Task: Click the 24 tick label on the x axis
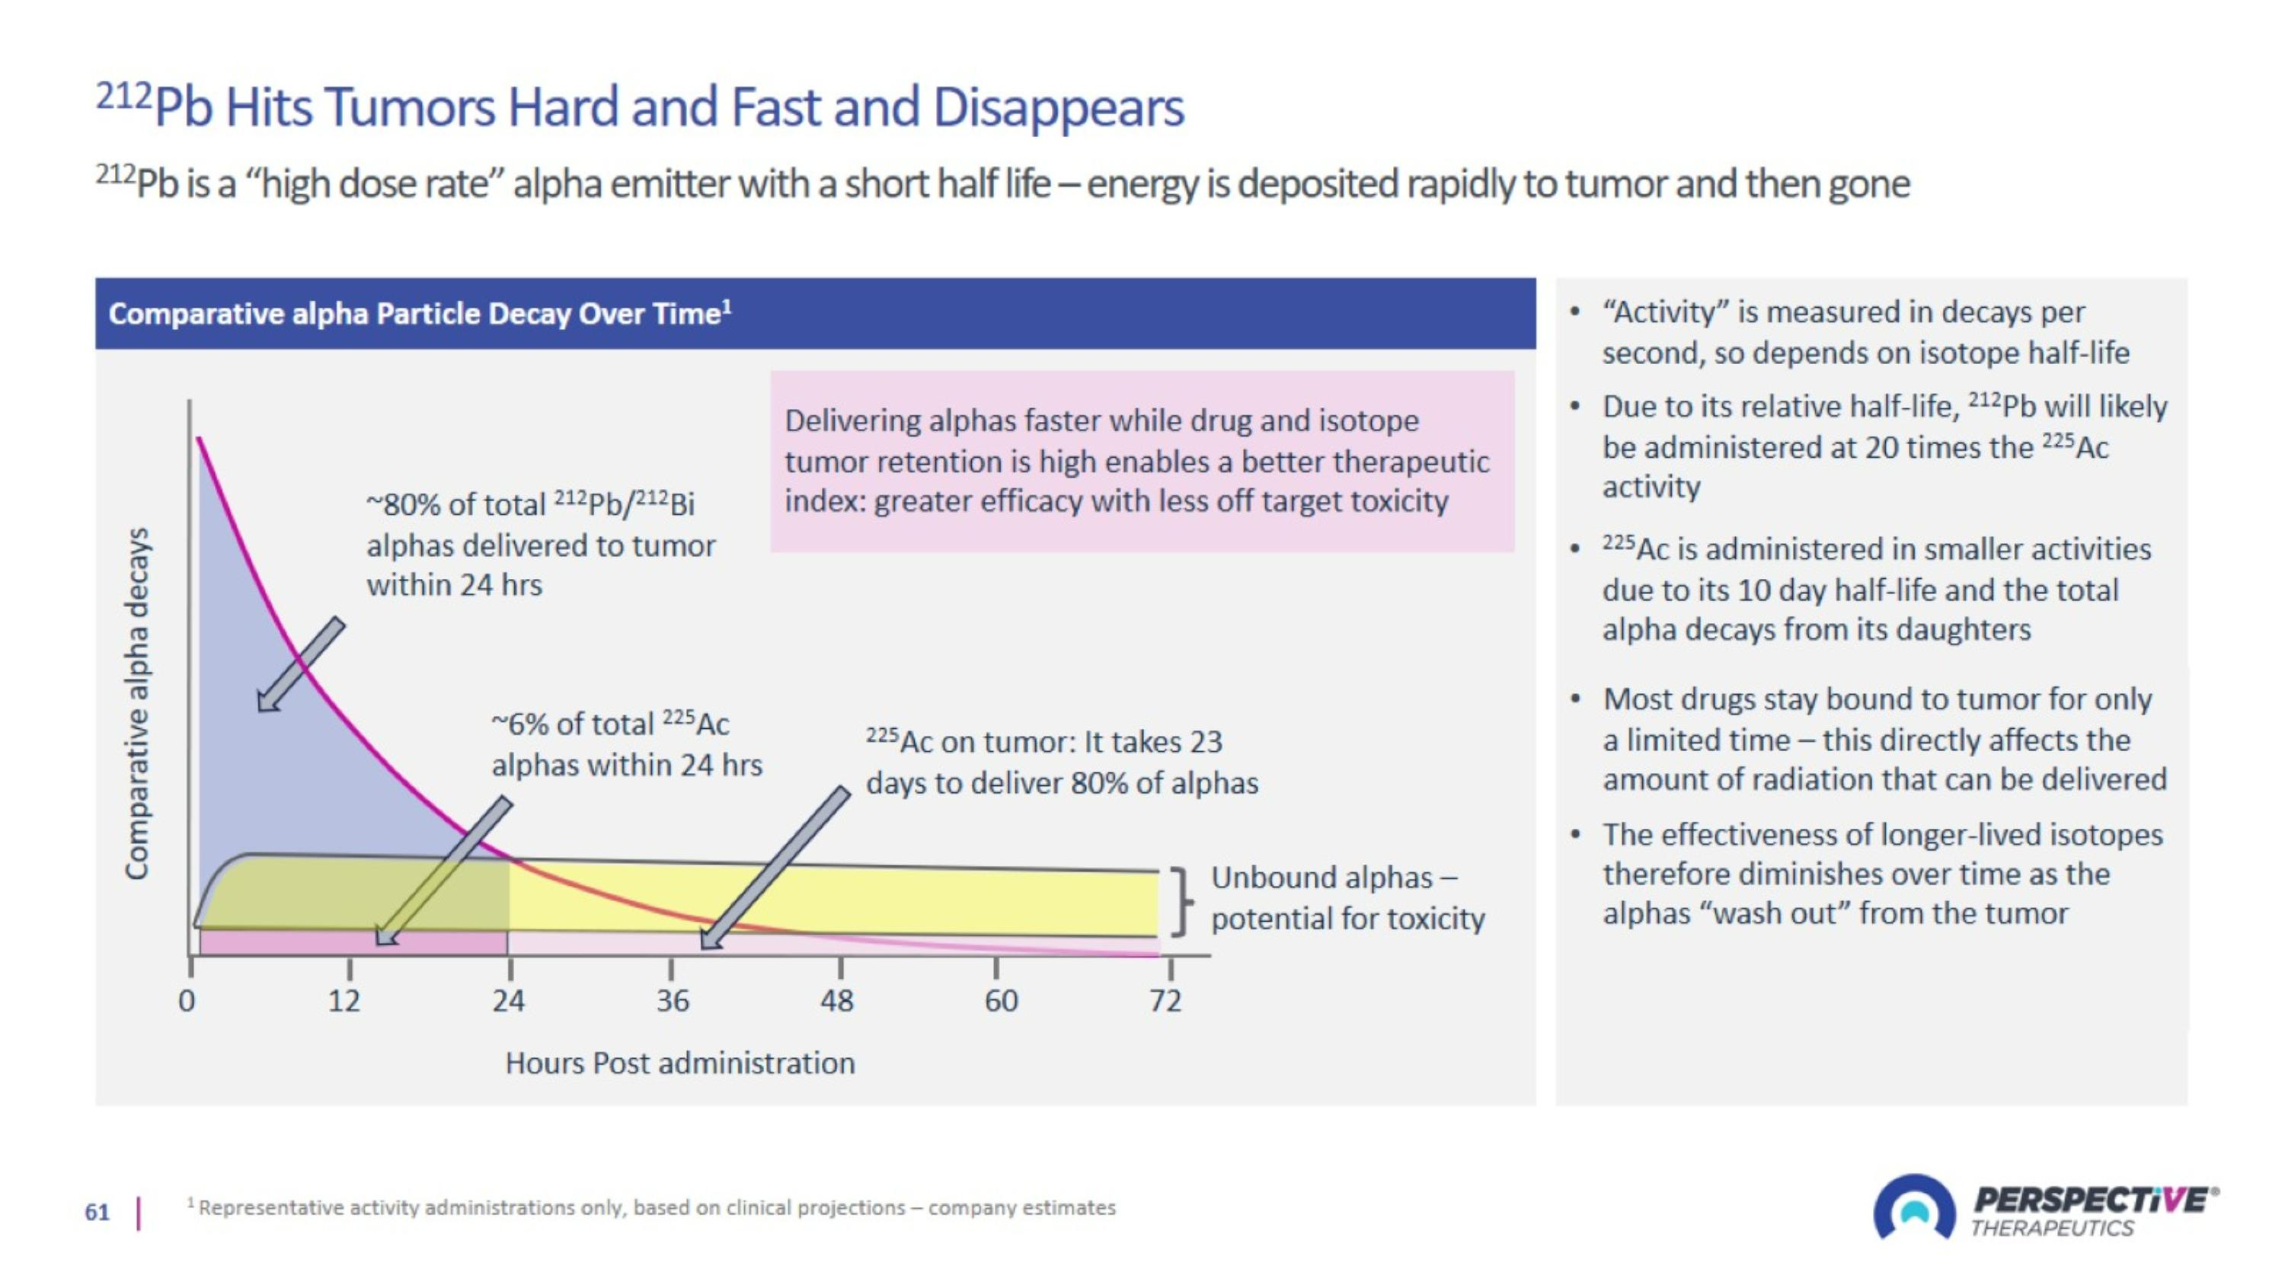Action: point(508,1000)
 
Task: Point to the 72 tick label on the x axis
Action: point(1165,1000)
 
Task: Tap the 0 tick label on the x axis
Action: point(187,1000)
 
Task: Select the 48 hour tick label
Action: point(836,1000)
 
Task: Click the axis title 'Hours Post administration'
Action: point(679,1063)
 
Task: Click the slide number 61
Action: point(97,1213)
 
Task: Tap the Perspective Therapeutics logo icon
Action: point(1913,1209)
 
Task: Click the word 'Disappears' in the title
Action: point(1058,108)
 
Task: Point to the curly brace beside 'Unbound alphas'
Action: point(1180,901)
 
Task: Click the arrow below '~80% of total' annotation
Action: point(300,664)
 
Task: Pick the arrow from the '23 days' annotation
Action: point(775,868)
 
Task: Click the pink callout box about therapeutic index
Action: point(1142,461)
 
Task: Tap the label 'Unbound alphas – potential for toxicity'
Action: point(1347,897)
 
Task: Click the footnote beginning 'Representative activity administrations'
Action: point(657,1208)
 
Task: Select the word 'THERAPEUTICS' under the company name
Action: point(2052,1228)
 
